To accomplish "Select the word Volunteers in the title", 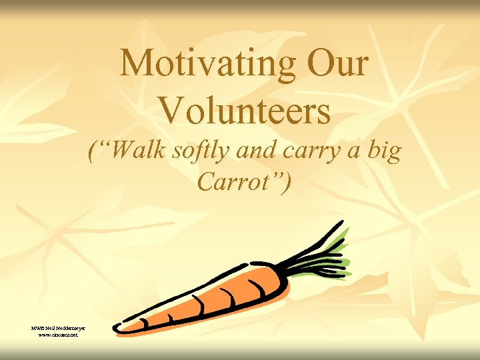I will coord(245,111).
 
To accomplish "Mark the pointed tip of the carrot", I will coord(117,328).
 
